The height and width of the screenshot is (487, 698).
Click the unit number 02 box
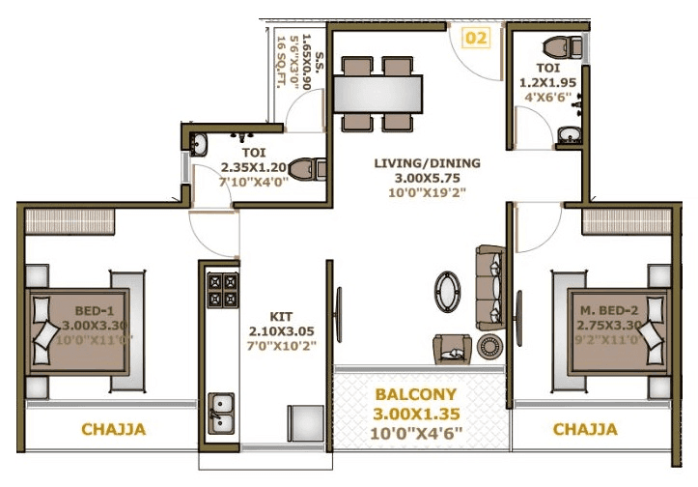475,38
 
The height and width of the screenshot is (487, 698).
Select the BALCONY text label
418,395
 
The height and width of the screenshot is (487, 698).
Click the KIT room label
280,315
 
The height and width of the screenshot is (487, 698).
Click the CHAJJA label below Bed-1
113,430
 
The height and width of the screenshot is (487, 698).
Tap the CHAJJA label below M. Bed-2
585,429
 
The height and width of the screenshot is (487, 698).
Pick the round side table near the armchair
489,345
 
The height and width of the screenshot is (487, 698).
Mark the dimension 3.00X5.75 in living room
428,178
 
